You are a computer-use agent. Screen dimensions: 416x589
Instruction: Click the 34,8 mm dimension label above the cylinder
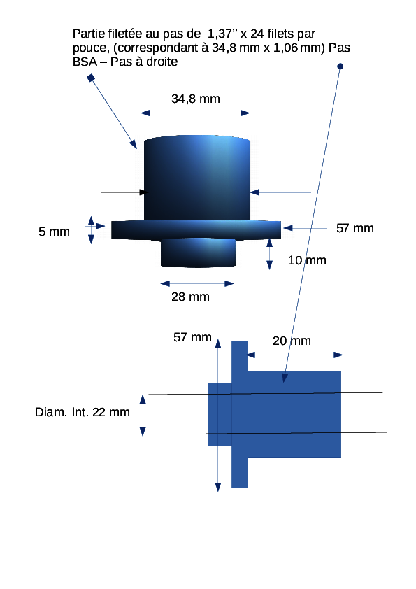tap(196, 99)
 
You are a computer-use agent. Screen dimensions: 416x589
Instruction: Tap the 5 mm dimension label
tap(54, 232)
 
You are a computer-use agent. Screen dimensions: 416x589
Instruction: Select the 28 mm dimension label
tap(190, 297)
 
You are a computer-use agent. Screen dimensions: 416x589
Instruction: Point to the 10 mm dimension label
tap(307, 260)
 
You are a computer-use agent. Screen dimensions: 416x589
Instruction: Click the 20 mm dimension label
tap(292, 341)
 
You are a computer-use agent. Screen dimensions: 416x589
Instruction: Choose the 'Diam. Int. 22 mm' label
tap(83, 412)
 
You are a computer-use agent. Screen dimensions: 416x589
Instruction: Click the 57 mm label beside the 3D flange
tap(354, 228)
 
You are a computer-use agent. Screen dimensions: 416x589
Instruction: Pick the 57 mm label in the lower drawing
tap(192, 337)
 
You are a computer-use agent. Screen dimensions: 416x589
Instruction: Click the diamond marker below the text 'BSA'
tap(91, 78)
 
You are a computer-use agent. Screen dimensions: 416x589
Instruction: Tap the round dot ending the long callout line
tap(340, 66)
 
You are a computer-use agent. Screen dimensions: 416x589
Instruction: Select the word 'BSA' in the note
tap(85, 62)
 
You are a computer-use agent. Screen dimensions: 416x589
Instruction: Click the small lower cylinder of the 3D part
tap(199, 253)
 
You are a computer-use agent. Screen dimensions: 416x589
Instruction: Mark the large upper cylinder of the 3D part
tap(197, 178)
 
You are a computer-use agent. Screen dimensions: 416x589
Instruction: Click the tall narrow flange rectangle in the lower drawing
tap(240, 414)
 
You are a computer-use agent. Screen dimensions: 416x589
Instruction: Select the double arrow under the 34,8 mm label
tap(195, 113)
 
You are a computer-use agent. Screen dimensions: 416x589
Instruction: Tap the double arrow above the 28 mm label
tap(197, 283)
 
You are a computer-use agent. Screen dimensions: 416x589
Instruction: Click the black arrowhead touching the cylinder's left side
tap(144, 192)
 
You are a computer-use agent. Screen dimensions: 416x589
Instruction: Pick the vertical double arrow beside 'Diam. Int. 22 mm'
tap(143, 415)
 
